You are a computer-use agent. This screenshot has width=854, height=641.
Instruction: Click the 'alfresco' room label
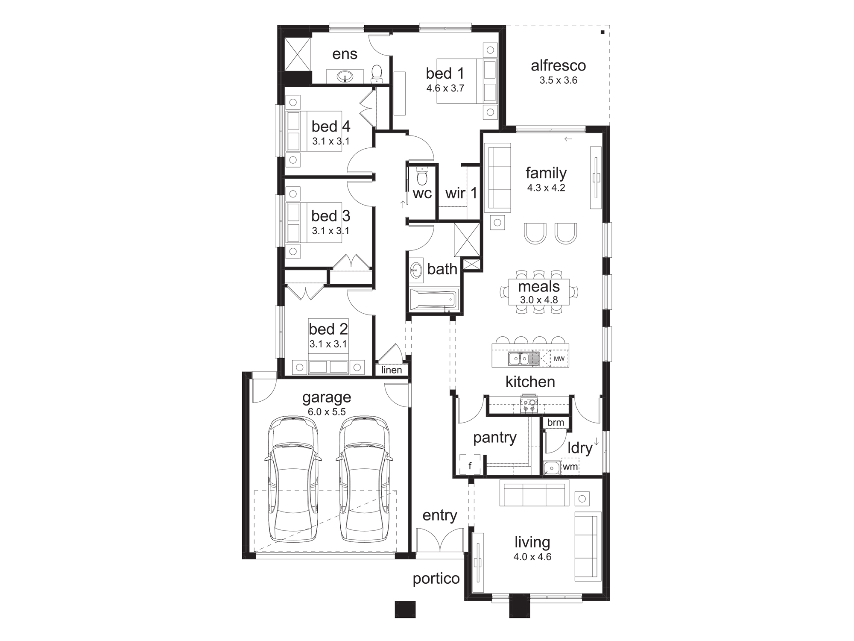558,66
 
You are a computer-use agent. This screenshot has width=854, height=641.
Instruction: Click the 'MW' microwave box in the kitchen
559,359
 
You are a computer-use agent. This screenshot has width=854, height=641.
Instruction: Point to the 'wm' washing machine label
570,467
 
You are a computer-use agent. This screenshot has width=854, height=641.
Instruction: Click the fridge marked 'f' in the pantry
470,465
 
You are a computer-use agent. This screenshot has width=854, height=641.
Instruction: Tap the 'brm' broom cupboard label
556,422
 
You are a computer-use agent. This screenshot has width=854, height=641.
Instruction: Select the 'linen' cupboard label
392,370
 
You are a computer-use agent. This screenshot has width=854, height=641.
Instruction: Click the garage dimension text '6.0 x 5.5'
327,412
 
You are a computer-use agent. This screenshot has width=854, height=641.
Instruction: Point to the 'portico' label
436,579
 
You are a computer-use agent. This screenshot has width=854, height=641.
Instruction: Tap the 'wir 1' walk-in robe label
461,193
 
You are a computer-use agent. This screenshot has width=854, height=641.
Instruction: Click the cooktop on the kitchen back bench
529,405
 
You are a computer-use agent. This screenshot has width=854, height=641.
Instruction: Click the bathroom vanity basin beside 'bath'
416,269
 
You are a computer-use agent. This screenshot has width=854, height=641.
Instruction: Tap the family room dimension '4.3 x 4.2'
546,188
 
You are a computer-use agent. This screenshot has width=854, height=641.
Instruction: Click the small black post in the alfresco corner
602,32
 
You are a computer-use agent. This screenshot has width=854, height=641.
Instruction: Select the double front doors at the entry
440,540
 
